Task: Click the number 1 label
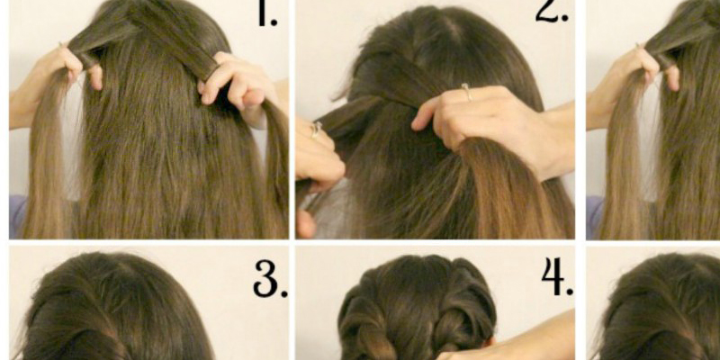click(267, 13)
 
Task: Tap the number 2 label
click(552, 11)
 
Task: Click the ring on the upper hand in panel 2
click(466, 92)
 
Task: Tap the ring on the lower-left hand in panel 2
click(316, 129)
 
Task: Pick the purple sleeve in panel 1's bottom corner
click(17, 216)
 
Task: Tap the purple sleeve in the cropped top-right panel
click(594, 217)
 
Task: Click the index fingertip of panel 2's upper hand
click(417, 124)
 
